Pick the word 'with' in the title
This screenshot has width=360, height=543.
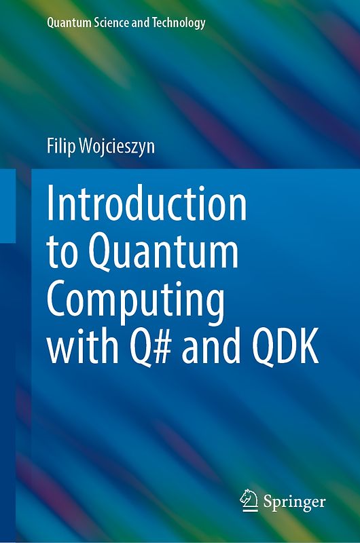75,351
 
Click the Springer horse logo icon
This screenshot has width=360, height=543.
249,501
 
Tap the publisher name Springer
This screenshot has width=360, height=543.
295,503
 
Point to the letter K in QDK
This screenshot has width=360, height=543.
306,351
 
